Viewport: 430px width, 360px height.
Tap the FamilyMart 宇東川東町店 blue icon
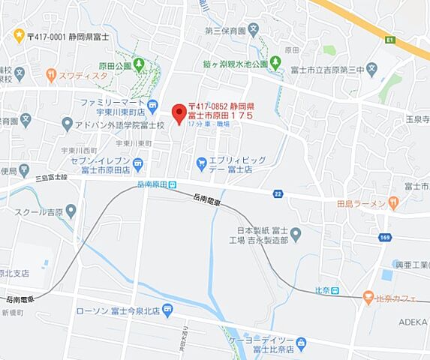(x=152, y=104)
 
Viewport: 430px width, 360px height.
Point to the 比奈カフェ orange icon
(x=367, y=298)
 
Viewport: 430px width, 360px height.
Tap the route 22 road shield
(x=278, y=194)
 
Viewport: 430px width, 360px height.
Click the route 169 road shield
(x=386, y=238)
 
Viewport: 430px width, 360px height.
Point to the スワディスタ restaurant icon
(x=50, y=74)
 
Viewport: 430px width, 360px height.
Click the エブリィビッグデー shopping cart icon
(x=200, y=162)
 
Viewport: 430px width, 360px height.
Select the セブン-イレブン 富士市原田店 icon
(x=138, y=163)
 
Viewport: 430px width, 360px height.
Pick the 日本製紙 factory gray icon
(x=295, y=235)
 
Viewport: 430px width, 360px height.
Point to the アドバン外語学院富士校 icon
(x=67, y=124)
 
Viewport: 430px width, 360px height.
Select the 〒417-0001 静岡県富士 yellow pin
(x=19, y=34)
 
